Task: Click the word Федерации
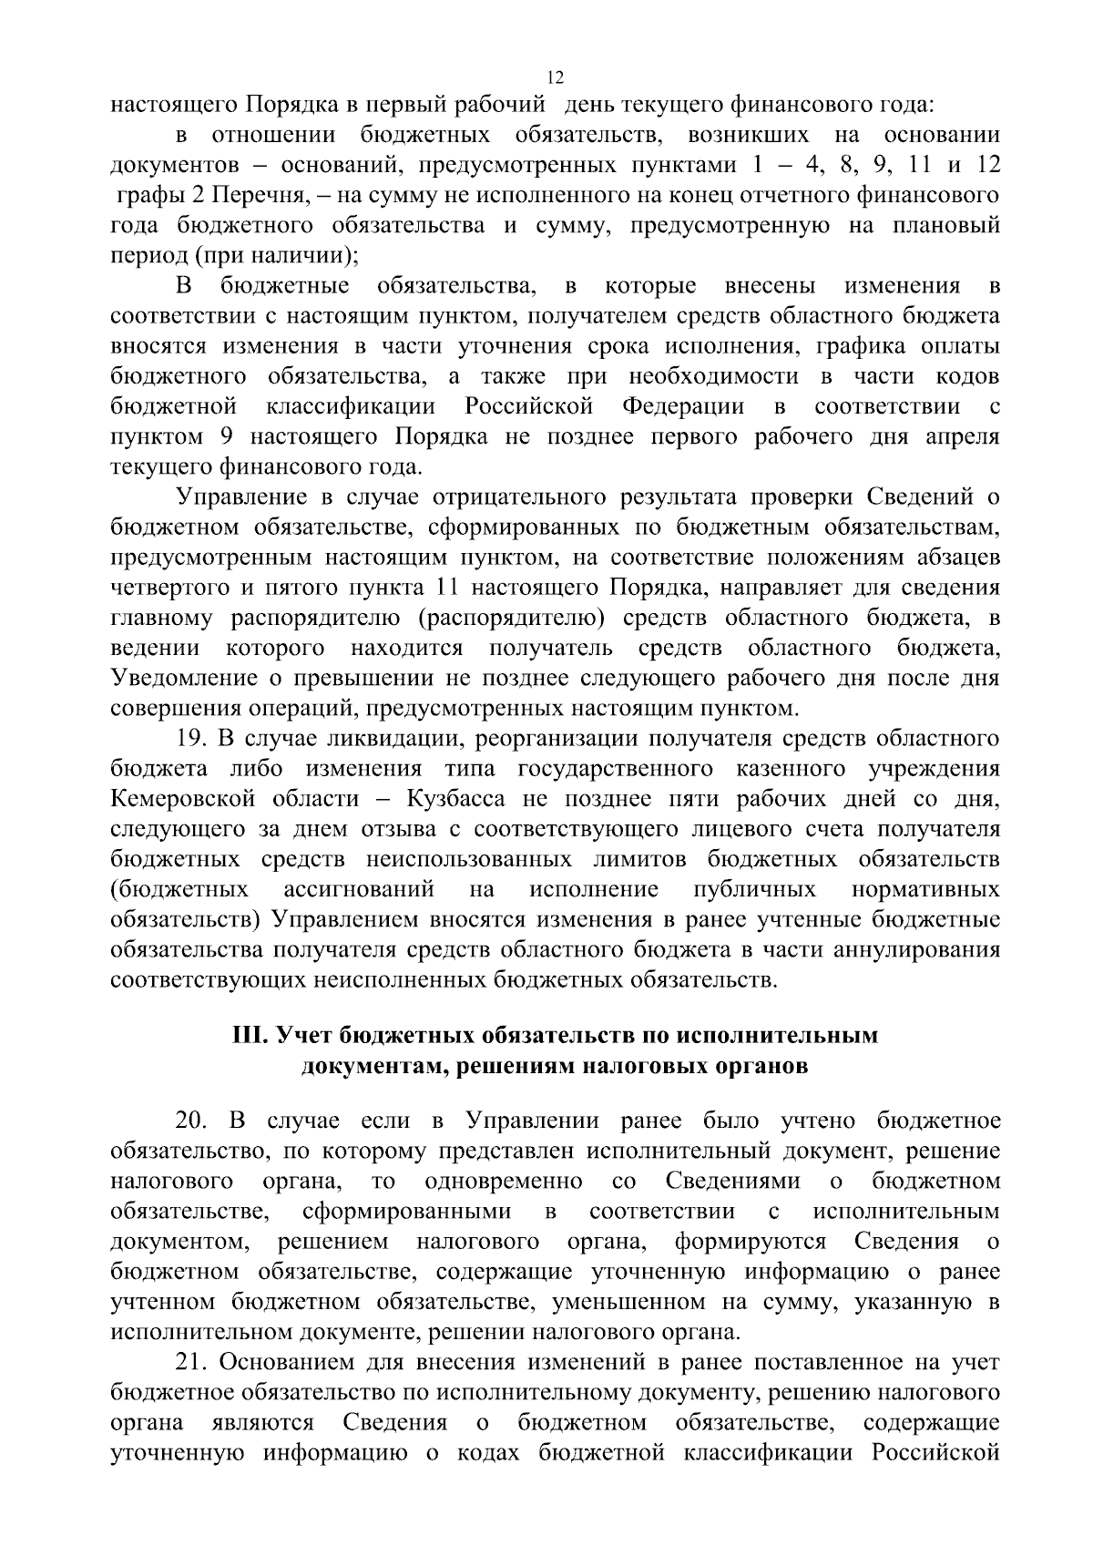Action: click(x=683, y=406)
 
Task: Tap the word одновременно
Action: click(x=505, y=1182)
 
